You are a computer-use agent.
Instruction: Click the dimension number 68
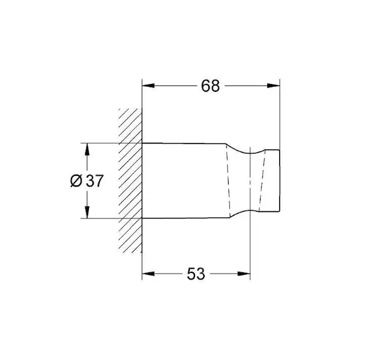click(211, 86)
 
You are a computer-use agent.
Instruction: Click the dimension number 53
click(196, 274)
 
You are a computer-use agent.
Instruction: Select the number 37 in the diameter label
click(95, 181)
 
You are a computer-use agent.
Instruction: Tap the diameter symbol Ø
click(76, 181)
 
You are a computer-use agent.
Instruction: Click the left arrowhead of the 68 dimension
click(148, 86)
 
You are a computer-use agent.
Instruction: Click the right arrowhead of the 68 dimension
click(273, 86)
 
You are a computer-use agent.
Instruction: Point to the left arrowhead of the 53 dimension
click(148, 274)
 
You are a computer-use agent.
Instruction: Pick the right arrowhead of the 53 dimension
click(244, 274)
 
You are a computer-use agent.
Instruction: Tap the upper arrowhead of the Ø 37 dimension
click(87, 149)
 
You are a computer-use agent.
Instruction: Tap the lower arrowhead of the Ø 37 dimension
click(87, 212)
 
